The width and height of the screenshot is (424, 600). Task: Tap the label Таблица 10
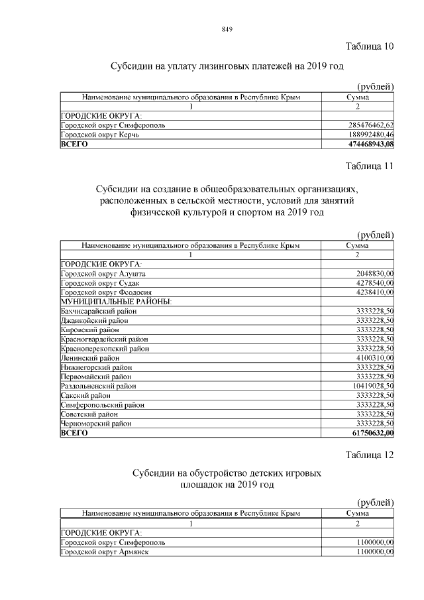(370, 46)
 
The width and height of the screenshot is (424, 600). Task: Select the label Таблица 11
(370, 166)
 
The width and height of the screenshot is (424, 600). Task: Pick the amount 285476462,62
(371, 125)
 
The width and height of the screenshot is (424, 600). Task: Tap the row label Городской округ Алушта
(103, 273)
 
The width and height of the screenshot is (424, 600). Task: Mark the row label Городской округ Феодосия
(107, 292)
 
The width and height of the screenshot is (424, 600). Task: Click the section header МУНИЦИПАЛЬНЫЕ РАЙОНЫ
(116, 301)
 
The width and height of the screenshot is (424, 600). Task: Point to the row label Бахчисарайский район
(99, 310)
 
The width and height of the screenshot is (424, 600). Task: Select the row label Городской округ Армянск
(105, 552)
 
